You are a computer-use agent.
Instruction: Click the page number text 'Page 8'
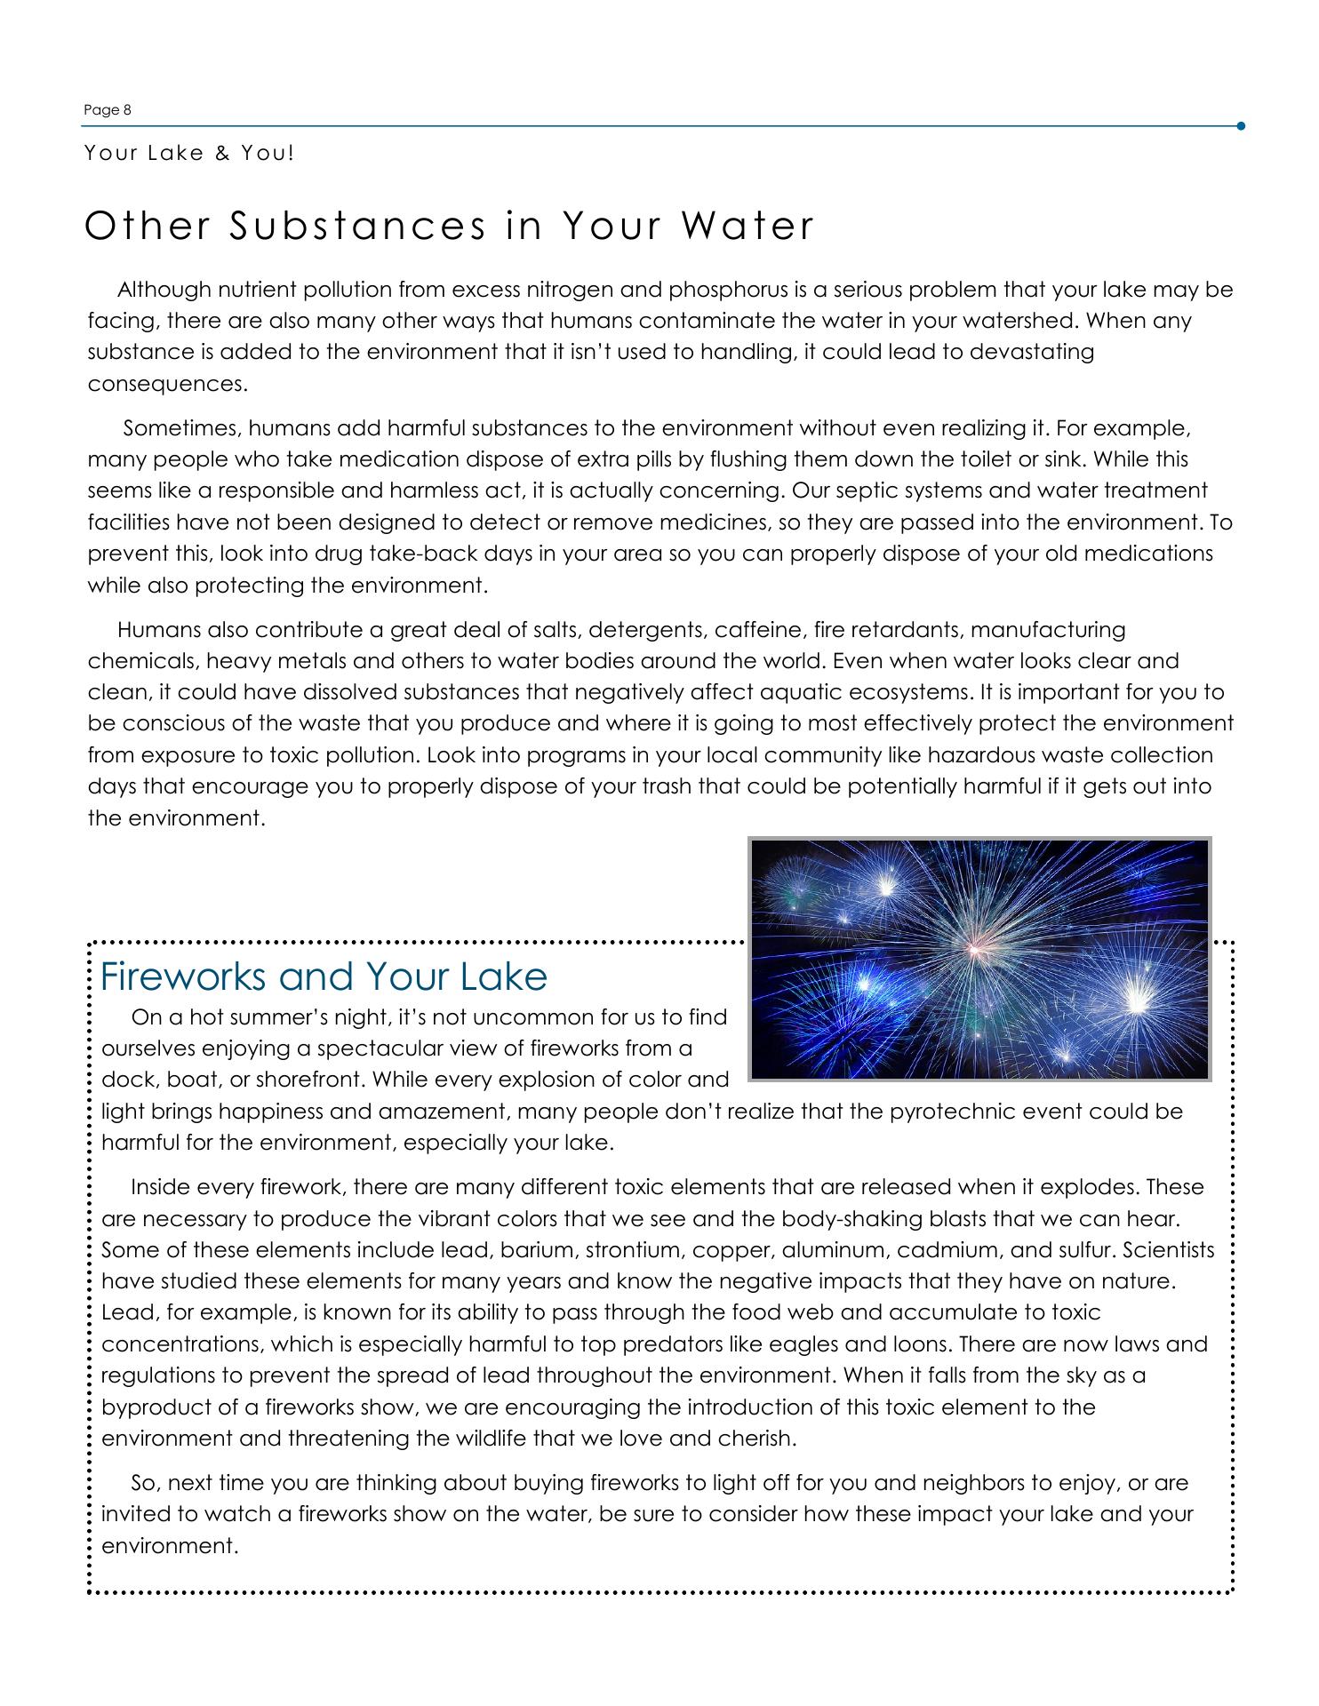[x=107, y=110]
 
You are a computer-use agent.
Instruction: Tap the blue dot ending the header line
[x=1240, y=126]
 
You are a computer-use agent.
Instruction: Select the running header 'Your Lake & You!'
[x=188, y=153]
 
